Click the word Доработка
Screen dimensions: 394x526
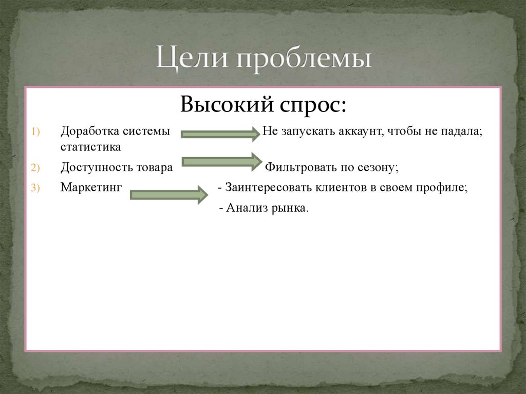pyautogui.click(x=89, y=132)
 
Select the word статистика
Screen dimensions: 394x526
pyautogui.click(x=91, y=147)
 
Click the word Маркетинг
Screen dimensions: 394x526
pyautogui.click(x=91, y=187)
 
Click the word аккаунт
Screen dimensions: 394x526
pyautogui.click(x=359, y=132)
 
